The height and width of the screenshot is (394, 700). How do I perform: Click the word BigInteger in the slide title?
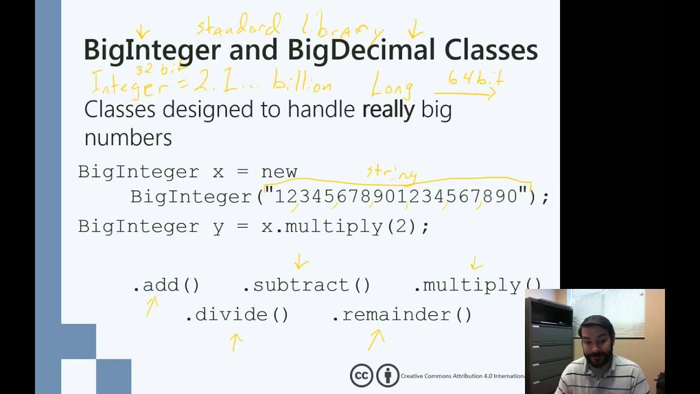point(151,50)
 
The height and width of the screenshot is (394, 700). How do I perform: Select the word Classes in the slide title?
point(491,50)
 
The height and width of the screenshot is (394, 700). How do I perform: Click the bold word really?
point(388,109)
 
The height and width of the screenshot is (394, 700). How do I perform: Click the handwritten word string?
point(392,173)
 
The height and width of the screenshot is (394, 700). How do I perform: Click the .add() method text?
point(166,285)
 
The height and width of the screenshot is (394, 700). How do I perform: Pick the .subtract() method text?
point(306,285)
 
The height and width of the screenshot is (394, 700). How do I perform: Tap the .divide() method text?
point(237,315)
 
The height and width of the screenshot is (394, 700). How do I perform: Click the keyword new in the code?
point(279,172)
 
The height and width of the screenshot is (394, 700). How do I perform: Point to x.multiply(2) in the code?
point(345,227)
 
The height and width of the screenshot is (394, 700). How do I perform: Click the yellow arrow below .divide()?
point(236,342)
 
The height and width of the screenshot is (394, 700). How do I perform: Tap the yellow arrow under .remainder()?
point(376,339)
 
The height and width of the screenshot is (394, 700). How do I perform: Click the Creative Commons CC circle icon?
point(361,375)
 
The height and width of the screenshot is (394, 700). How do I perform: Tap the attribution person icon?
point(388,375)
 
